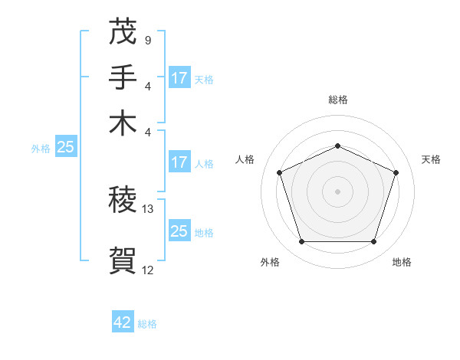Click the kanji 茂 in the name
tap(123, 33)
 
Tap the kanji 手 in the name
tap(123, 77)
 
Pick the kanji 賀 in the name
tap(123, 260)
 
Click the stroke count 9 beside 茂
tap(147, 41)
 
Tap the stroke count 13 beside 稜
tap(149, 209)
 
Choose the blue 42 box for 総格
tap(123, 322)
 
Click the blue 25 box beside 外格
tap(65, 148)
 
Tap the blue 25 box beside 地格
tap(179, 231)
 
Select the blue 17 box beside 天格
tap(179, 78)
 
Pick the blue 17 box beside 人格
tap(179, 162)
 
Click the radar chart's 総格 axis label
tap(337, 100)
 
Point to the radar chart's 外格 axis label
tap(270, 263)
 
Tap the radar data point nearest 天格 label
tap(396, 172)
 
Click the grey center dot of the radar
tap(337, 191)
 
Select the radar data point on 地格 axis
tap(373, 241)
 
